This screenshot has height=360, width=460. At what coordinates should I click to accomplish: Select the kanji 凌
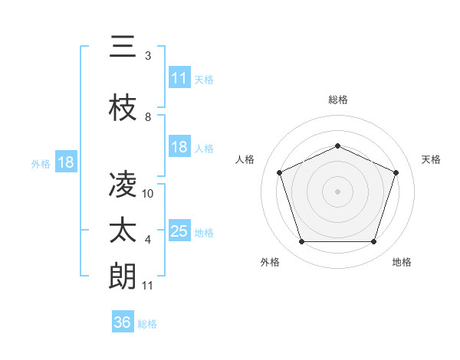[x=123, y=185]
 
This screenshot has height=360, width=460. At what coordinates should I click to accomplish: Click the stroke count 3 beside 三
[x=148, y=56]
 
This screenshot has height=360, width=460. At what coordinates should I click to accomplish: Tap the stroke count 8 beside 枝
[x=148, y=117]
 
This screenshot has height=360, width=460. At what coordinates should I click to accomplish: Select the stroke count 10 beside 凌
[x=148, y=194]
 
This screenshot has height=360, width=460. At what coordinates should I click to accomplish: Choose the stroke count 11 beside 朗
[x=148, y=286]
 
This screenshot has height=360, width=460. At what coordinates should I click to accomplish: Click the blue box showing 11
[x=179, y=78]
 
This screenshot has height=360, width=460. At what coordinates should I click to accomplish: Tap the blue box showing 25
[x=179, y=231]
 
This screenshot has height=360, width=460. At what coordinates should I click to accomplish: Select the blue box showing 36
[x=123, y=322]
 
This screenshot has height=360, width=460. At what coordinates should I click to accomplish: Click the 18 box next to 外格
[x=65, y=162]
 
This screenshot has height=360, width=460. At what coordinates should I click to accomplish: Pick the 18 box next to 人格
[x=179, y=147]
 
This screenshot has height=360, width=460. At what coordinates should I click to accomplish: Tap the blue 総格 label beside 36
[x=147, y=324]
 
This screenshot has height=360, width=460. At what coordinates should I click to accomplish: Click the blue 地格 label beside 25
[x=204, y=233]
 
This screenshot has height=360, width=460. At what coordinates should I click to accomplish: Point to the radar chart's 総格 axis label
[x=338, y=100]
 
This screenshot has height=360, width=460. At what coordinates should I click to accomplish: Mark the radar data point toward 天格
[x=396, y=172]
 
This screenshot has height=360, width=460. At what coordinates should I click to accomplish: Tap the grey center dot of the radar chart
[x=338, y=191]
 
